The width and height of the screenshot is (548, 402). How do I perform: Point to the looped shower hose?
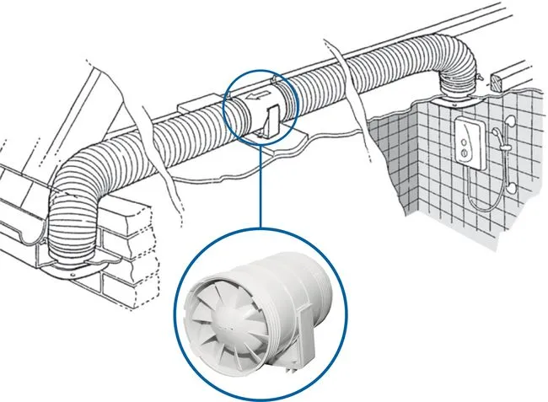click(x=484, y=194)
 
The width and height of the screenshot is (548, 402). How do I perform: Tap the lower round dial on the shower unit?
click(x=463, y=152)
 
